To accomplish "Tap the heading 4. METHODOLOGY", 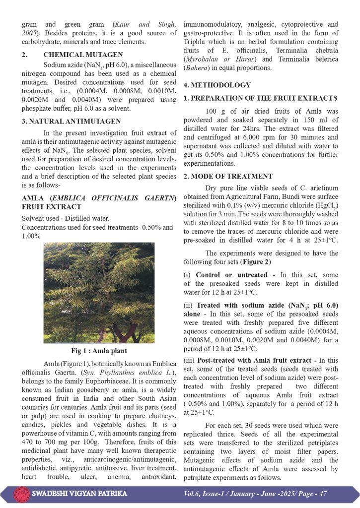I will tap(217, 85).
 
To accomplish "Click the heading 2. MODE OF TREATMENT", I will tap(228, 177).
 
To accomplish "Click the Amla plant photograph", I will tap(98, 293).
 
